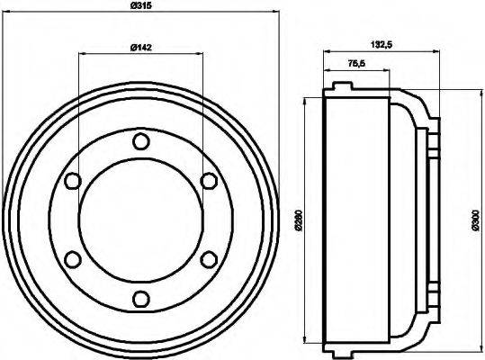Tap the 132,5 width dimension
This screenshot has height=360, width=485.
coord(380,42)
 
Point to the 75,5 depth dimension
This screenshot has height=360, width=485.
coord(356,64)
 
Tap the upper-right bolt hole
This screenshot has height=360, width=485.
coord(208,181)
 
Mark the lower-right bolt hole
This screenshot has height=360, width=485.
coord(208,259)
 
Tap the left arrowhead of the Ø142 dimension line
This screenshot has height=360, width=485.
coord(83,55)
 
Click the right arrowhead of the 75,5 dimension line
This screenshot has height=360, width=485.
coord(388,72)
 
